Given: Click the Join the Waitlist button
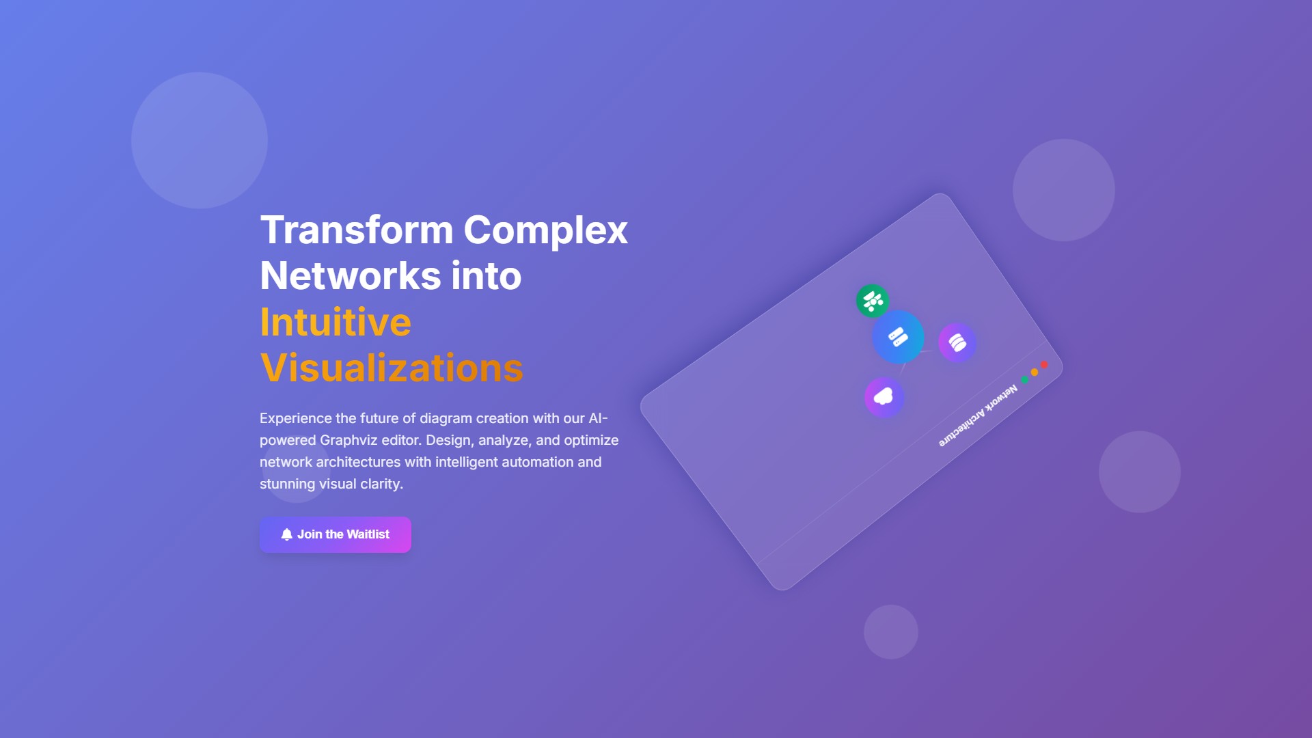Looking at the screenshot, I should click(x=335, y=534).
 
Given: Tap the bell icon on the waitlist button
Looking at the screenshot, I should click(x=286, y=534).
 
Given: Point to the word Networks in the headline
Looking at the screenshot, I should click(x=351, y=275).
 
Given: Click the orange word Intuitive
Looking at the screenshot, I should click(x=336, y=322).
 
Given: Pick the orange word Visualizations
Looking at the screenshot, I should click(x=392, y=368).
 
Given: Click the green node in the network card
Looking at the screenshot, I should click(x=873, y=301).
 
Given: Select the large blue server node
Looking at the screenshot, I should click(x=898, y=337).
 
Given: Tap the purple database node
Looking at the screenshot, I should click(x=957, y=342).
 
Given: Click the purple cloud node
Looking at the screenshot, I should click(x=884, y=397).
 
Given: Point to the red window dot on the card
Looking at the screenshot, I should click(x=1044, y=365).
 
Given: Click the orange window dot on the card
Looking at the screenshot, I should click(x=1035, y=372).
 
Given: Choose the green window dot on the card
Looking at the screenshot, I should click(x=1024, y=380).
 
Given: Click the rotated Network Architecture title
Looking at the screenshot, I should click(x=979, y=415).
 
